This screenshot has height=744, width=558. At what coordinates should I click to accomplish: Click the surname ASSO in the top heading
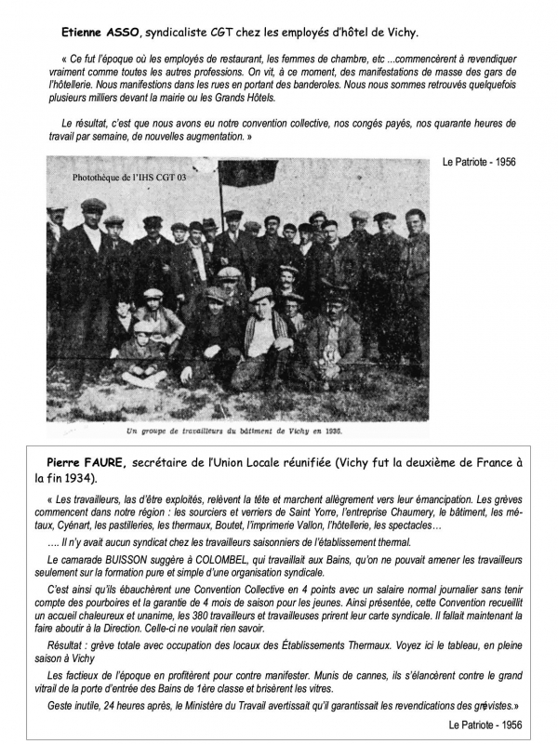click(x=117, y=32)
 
